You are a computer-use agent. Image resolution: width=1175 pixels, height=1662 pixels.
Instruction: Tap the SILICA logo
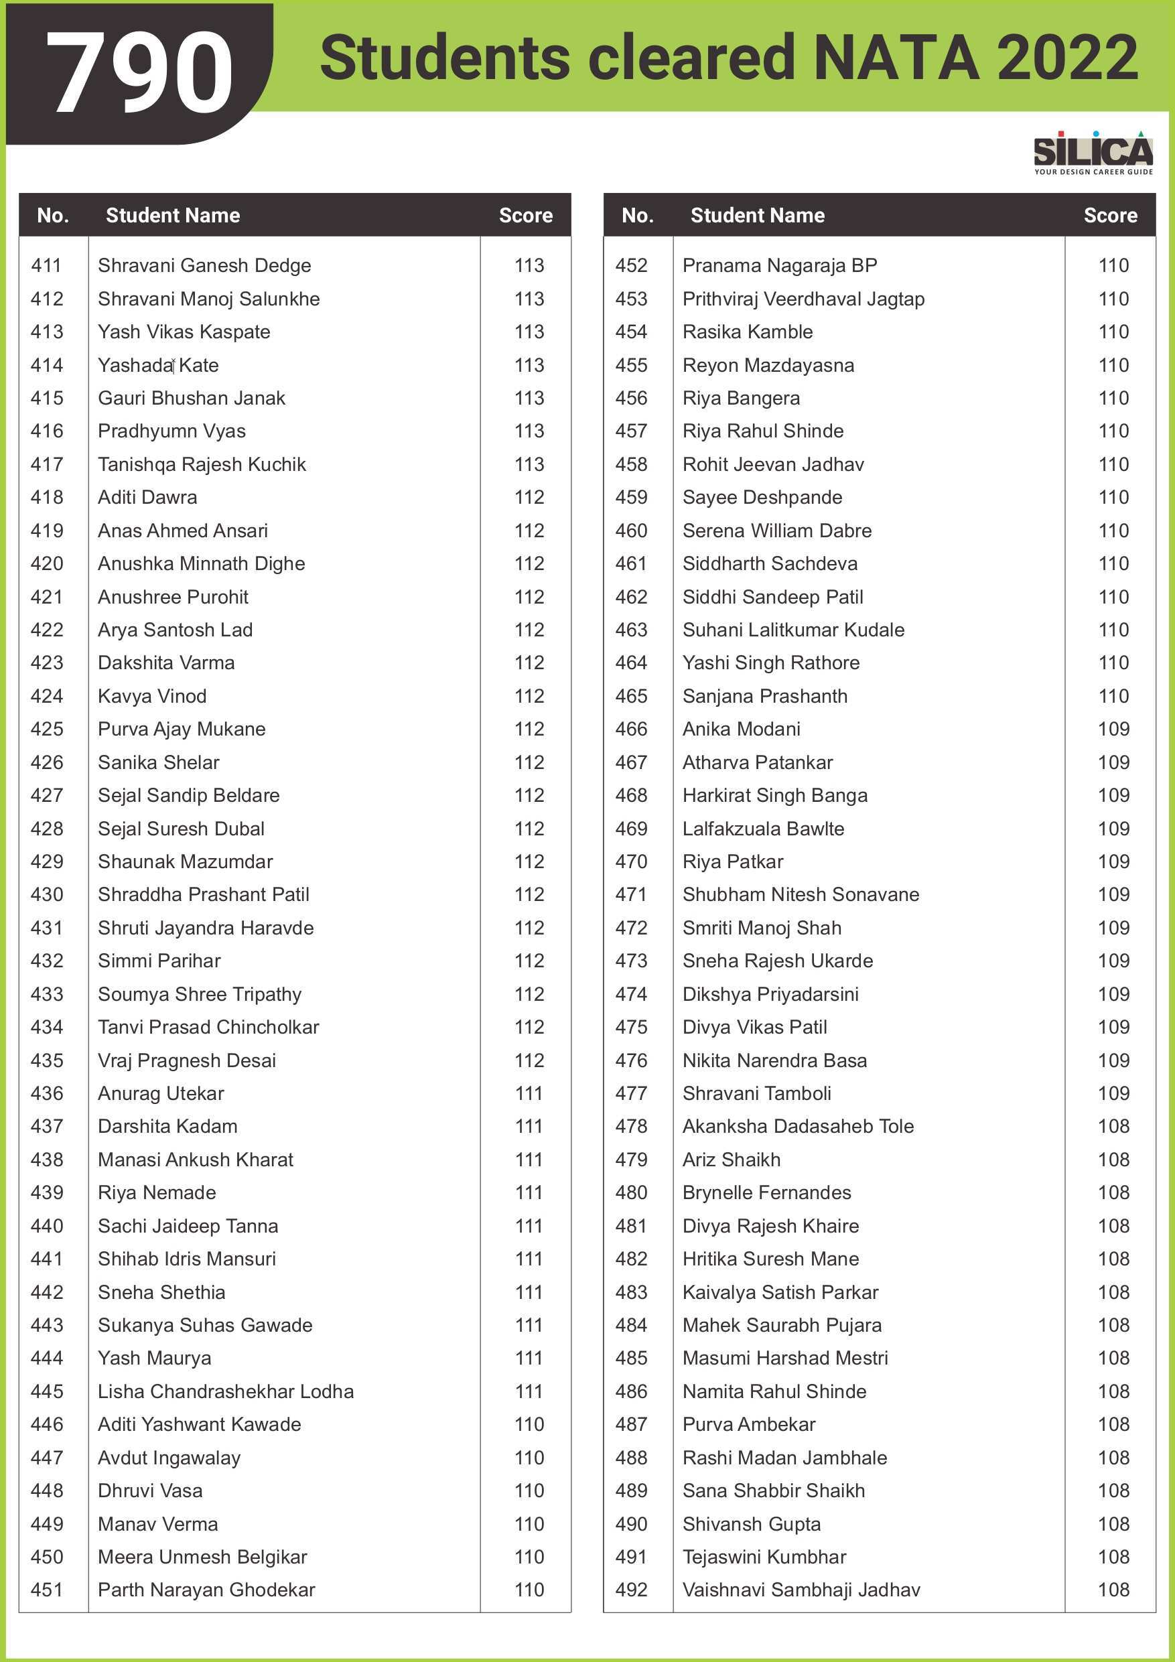point(1093,152)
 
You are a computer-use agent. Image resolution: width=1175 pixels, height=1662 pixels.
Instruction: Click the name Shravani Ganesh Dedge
point(204,266)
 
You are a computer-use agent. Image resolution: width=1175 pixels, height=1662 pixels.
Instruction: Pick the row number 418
point(47,497)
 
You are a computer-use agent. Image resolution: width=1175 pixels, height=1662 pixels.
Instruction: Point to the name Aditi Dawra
point(147,497)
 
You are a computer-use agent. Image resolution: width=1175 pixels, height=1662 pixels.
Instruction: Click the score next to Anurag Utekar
point(529,1093)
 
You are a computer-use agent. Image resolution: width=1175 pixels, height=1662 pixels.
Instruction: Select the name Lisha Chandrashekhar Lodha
point(225,1391)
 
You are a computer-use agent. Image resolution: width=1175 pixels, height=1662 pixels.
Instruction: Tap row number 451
point(47,1590)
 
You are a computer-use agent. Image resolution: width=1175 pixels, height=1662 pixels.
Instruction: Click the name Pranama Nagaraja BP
point(779,266)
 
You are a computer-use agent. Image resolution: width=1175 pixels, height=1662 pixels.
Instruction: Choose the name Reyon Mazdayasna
point(768,365)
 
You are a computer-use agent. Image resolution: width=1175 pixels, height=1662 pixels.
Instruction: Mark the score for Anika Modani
point(1113,729)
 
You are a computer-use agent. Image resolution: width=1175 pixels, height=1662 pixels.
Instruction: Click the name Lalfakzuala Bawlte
point(763,828)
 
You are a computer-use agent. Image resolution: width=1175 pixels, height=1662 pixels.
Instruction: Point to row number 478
point(630,1126)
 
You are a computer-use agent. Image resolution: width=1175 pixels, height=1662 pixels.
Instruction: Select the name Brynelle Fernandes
point(766,1192)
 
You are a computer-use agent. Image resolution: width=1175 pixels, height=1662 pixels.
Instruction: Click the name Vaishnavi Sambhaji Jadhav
point(801,1590)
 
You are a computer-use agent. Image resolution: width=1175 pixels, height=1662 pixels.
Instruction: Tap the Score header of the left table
point(526,215)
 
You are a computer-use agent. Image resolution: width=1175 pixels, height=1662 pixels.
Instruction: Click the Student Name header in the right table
point(757,215)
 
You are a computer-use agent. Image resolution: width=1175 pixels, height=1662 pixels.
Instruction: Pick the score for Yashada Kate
point(529,365)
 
